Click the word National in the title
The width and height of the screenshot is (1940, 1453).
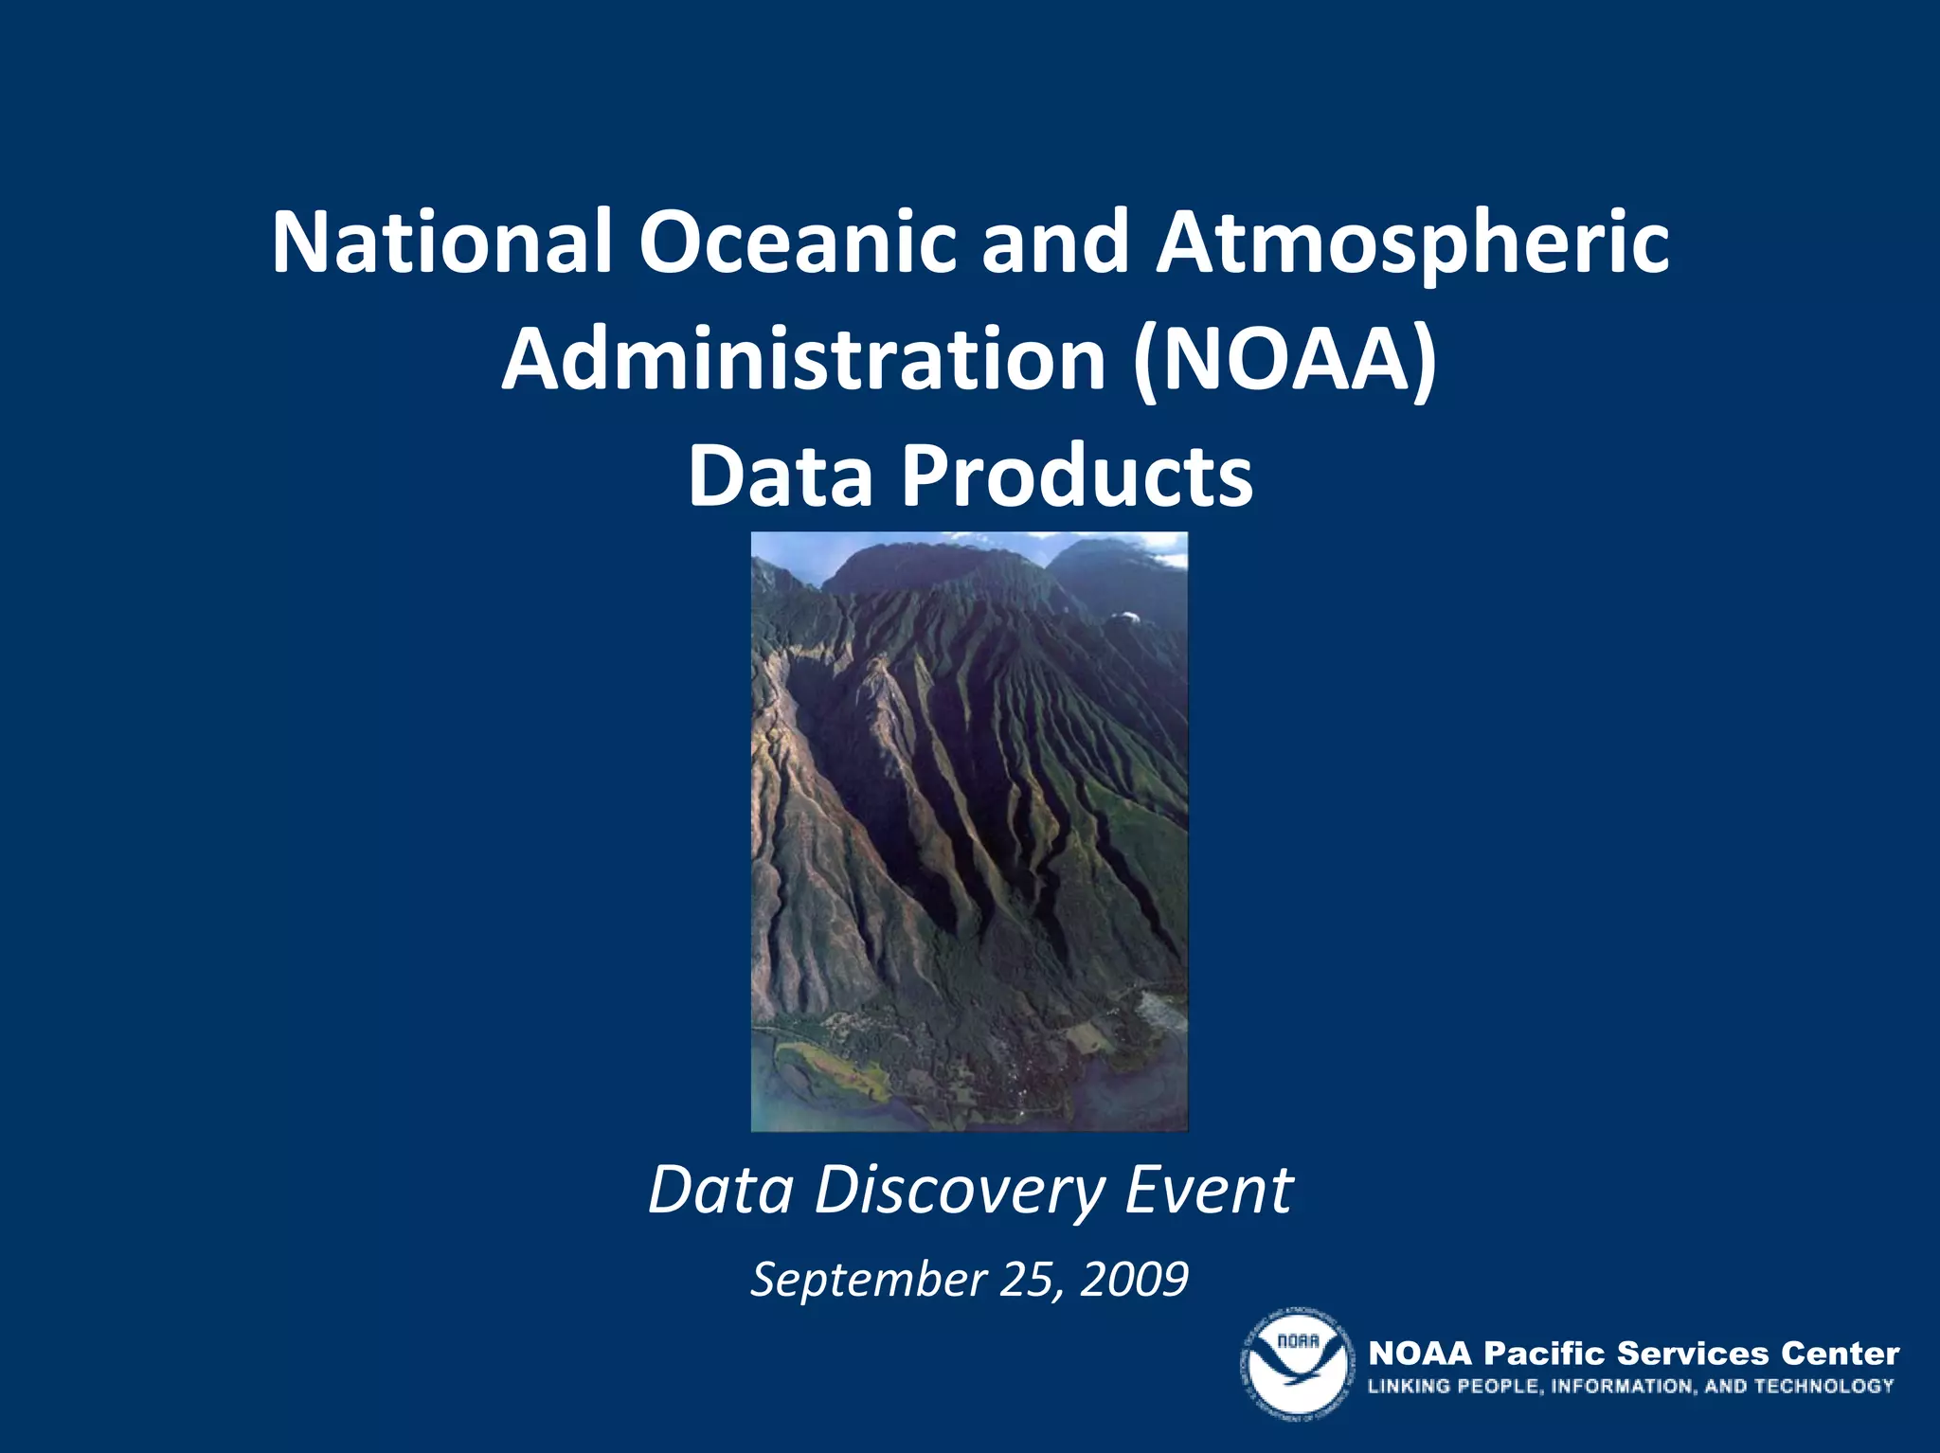click(441, 242)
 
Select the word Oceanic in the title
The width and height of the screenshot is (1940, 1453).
click(798, 242)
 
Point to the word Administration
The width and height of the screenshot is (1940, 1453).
click(803, 360)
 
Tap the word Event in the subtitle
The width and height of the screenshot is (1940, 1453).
click(1208, 1190)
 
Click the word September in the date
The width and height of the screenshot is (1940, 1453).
click(869, 1280)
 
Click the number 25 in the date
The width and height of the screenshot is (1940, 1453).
click(1026, 1280)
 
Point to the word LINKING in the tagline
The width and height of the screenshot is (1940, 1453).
click(1408, 1386)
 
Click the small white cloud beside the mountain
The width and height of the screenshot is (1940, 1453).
click(1123, 617)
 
